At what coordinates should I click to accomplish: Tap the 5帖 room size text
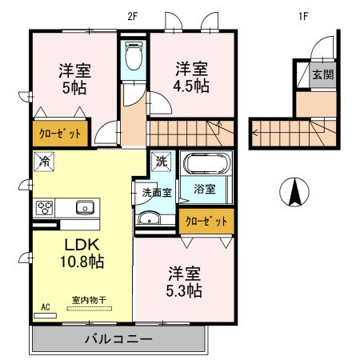coord(73,86)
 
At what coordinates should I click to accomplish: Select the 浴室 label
coord(205,190)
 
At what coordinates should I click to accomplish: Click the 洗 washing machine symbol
coord(161,160)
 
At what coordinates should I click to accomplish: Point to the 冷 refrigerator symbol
coord(42,161)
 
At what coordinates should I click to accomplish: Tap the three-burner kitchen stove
coord(43,209)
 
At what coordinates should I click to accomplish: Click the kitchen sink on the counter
coord(83,209)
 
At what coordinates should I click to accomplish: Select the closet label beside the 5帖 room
coord(56,133)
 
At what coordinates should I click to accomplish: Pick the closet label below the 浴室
coord(206,221)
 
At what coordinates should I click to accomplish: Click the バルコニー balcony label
coord(118,340)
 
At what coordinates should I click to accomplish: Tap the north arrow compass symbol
coord(294,192)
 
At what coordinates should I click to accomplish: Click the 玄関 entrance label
coord(322,76)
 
